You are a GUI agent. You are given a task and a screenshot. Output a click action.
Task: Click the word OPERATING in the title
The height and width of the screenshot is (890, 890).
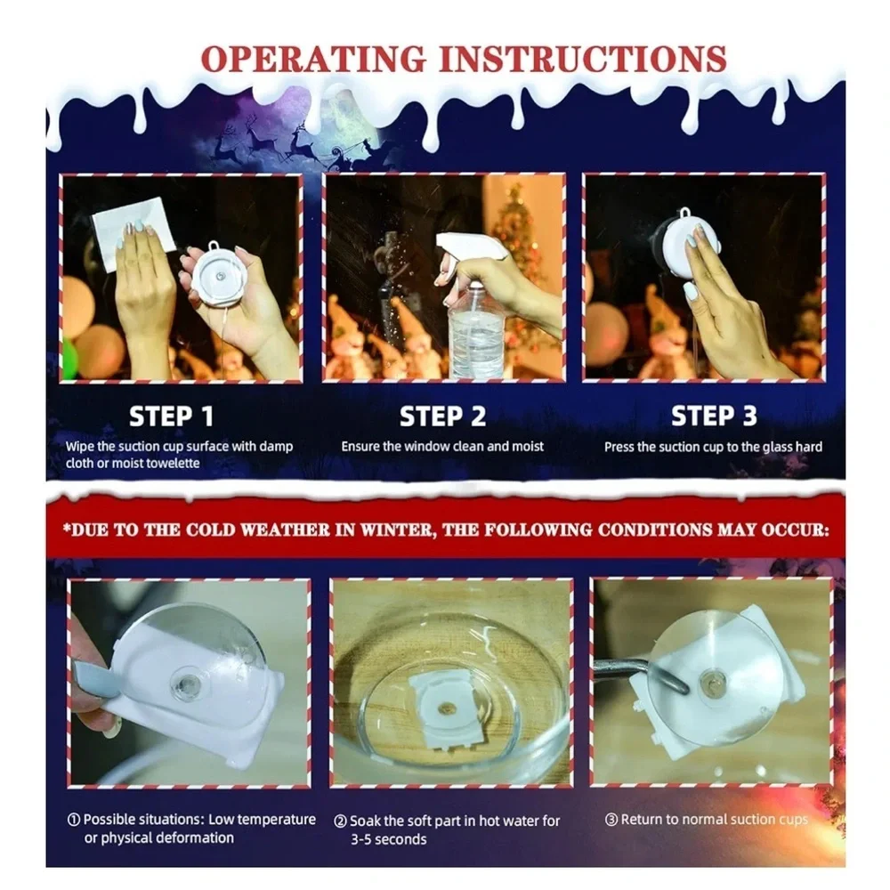pyautogui.click(x=313, y=59)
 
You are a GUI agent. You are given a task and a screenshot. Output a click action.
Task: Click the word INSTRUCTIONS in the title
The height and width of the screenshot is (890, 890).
pyautogui.click(x=584, y=59)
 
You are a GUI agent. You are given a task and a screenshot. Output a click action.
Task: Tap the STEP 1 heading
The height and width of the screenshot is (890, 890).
pyautogui.click(x=172, y=416)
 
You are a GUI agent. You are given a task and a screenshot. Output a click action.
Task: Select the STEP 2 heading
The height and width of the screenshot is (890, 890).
pyautogui.click(x=442, y=416)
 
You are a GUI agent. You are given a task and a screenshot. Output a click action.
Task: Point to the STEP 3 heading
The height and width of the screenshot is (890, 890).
pyautogui.click(x=714, y=416)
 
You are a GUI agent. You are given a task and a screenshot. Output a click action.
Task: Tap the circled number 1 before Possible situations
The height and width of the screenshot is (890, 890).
pyautogui.click(x=73, y=820)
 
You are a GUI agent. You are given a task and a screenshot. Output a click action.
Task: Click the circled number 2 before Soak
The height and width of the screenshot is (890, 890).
pyautogui.click(x=340, y=821)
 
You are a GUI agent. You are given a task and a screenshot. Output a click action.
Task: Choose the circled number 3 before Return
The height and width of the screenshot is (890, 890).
pyautogui.click(x=611, y=820)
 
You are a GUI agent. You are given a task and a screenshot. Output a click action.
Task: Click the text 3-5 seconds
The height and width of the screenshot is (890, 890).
pyautogui.click(x=388, y=839)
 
